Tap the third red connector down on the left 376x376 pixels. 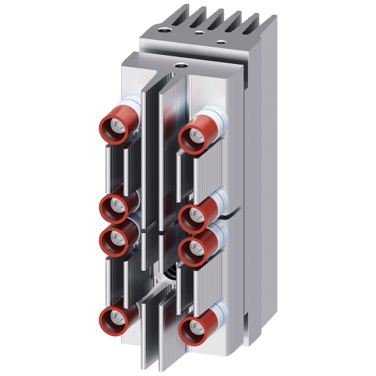[114, 238]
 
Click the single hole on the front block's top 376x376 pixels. [180, 67]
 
